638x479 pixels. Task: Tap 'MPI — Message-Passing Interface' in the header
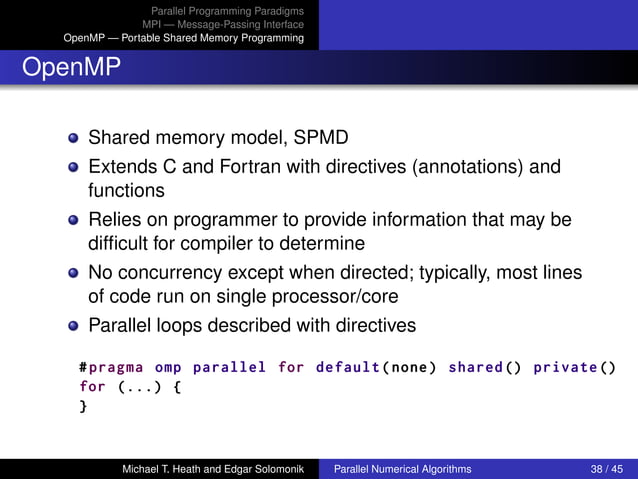222,24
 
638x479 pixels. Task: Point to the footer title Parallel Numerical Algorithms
402,468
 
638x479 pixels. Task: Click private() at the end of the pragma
575,367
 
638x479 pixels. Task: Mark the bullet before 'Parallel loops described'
74,326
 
